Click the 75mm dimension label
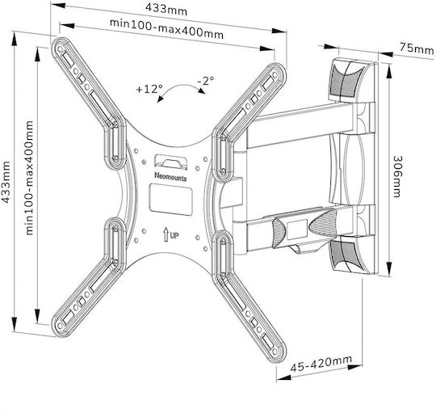coord(417,48)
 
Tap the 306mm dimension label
coord(397,176)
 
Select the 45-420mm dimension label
coord(321,364)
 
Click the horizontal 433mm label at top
coord(166,10)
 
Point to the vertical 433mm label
coord(6,182)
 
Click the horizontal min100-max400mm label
coord(166,29)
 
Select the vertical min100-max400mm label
coord(29,178)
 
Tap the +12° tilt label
coord(149,89)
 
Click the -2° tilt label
coord(206,81)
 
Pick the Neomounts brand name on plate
coord(170,176)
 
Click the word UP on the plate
coord(174,235)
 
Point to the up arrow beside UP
coord(166,234)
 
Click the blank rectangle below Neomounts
coord(170,200)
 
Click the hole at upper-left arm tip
coord(60,49)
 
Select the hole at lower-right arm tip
coord(275,351)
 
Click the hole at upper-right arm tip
coord(275,74)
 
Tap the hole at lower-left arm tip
coord(60,326)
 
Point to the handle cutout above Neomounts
coord(170,162)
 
